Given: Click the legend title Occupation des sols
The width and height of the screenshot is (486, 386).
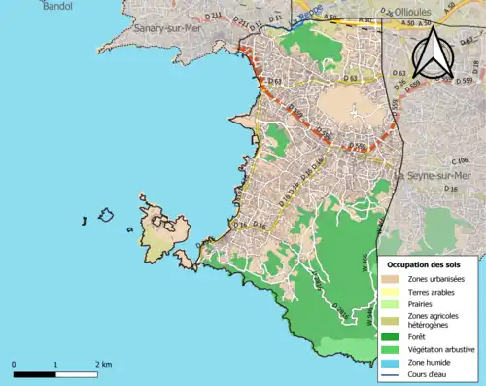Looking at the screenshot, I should coord(426,264).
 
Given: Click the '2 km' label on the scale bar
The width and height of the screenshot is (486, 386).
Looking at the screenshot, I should coord(103,364).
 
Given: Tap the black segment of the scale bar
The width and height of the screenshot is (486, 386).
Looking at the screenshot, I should coord(34,372).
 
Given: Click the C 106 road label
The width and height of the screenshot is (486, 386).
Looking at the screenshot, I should coord(458,159).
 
